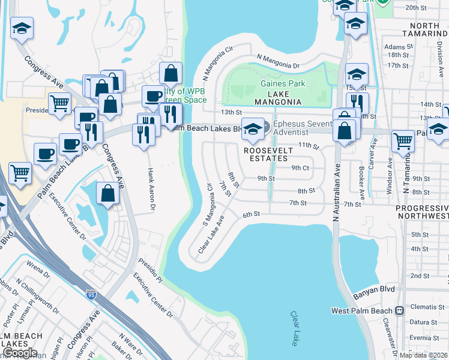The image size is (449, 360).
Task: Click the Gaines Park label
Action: [282, 84]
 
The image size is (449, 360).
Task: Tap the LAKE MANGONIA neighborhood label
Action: [277, 98]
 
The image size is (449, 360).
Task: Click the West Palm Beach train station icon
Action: [398, 311]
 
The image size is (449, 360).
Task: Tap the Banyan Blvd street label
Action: [373, 289]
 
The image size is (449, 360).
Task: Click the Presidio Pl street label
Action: [151, 271]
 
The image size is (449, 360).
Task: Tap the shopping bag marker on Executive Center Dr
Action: [107, 194]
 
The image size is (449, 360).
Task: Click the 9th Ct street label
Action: [300, 168]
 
